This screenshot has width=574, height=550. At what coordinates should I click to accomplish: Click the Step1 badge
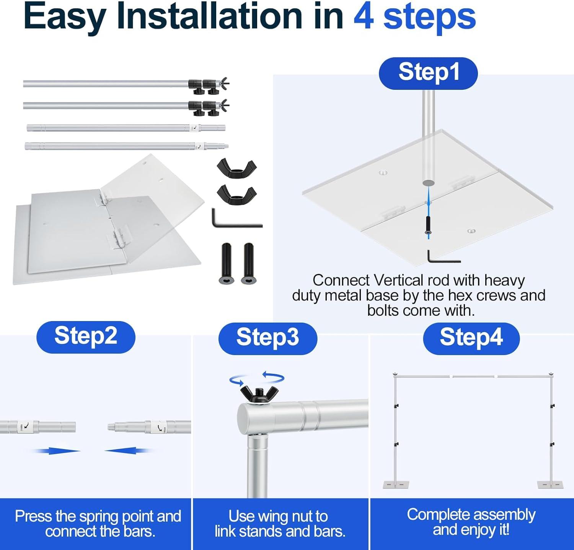pos(428,73)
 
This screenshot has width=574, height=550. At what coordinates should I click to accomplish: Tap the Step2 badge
pos(86,337)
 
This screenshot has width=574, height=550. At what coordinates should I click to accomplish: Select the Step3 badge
pos(267,338)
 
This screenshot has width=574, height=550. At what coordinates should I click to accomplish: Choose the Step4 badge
pos(471,338)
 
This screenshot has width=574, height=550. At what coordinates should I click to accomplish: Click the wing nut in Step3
pos(259,394)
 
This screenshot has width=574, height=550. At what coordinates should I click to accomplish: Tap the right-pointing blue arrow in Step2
pos(56,451)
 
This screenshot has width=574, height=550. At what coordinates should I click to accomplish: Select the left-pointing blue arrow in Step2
pos(129,451)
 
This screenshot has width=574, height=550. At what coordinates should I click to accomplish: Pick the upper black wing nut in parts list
pos(237,169)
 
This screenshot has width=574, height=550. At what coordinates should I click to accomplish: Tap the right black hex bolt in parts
pos(248,263)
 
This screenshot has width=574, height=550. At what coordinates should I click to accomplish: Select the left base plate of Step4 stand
pos(396,485)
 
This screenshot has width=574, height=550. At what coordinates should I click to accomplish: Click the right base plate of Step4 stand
pos(551,485)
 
